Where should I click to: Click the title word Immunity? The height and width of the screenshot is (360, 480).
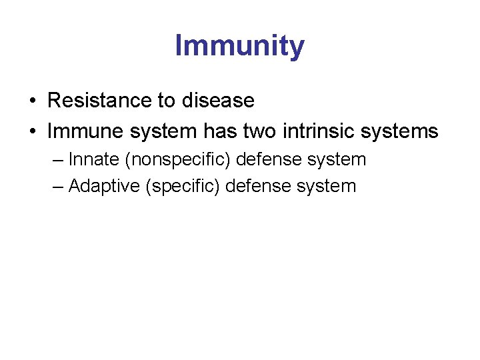coord(239,46)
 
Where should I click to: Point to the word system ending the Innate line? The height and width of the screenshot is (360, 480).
coord(338,160)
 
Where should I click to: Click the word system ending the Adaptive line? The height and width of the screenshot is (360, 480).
coord(328,186)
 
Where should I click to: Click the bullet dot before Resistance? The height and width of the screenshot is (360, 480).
coord(32,101)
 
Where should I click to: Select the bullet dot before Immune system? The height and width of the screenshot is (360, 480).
coord(32,132)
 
